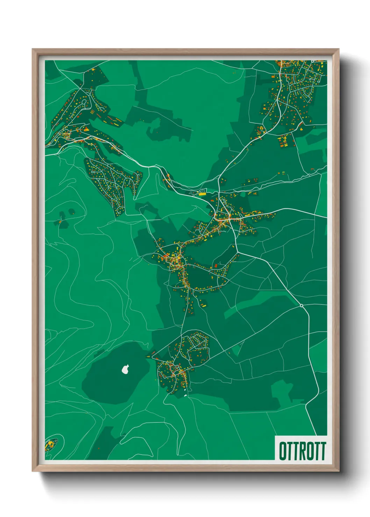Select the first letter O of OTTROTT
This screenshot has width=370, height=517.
283,451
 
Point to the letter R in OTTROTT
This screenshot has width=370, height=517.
302,451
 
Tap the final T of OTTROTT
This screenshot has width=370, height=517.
323,451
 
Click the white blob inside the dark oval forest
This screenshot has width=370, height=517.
126,369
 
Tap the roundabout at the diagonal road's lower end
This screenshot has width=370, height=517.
301,306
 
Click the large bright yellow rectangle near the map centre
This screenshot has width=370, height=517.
202,194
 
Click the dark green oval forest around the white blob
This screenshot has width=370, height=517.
112,377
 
